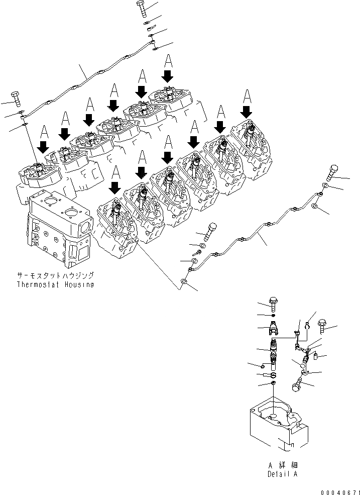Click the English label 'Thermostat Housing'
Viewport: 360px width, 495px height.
click(x=55, y=284)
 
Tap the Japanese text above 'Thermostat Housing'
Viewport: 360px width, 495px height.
click(x=55, y=276)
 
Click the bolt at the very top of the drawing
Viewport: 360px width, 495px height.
click(x=141, y=9)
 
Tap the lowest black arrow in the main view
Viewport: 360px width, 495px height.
click(x=115, y=187)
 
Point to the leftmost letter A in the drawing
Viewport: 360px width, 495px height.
click(x=44, y=133)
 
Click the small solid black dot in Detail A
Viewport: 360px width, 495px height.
click(x=273, y=316)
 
